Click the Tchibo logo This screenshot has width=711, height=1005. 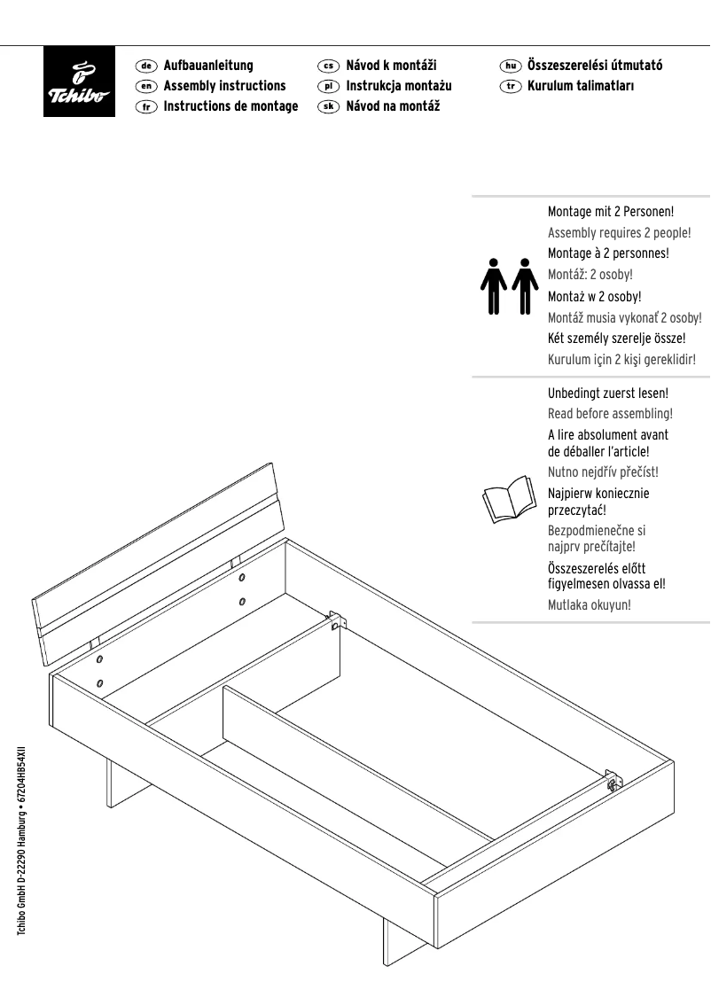pos(80,81)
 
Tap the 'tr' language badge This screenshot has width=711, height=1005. pos(510,86)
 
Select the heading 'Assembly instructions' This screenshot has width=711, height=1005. pos(224,86)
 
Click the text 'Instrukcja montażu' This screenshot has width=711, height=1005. pos(398,86)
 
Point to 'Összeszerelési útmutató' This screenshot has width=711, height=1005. pos(594,66)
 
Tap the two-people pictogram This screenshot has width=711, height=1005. pos(509,285)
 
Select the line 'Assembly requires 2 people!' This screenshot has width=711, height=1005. pos(619,233)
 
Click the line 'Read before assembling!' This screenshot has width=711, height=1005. pos(610,414)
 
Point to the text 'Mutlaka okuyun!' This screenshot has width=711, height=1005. pos(590,605)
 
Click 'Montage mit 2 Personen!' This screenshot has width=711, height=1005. pos(611,212)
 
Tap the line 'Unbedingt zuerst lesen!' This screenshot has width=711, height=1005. pos(607,393)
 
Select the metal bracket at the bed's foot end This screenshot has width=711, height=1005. pos(613,781)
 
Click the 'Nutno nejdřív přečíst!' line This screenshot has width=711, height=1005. pos(603,472)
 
